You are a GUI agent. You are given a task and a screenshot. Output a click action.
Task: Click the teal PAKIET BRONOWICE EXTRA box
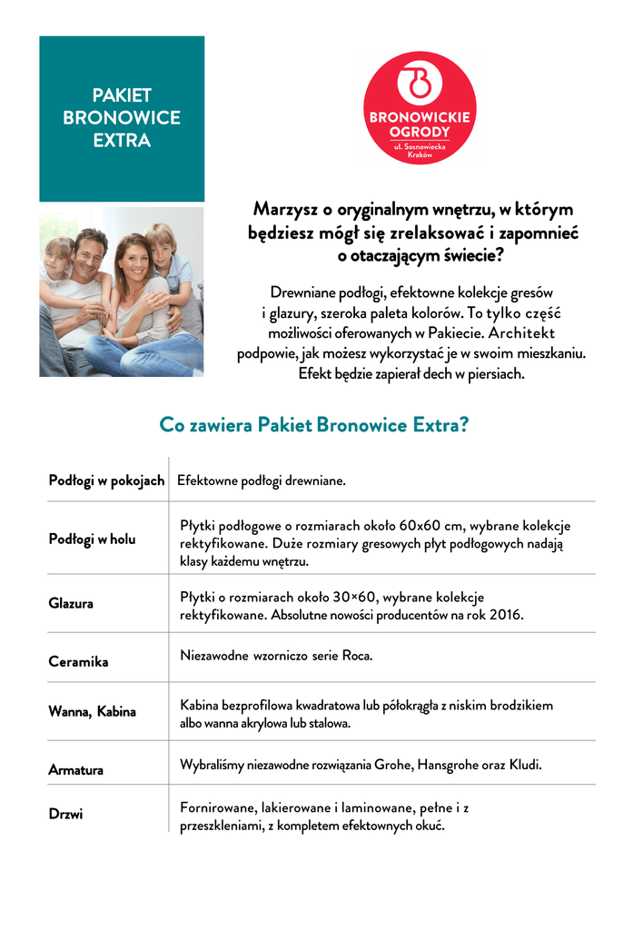pyautogui.click(x=122, y=118)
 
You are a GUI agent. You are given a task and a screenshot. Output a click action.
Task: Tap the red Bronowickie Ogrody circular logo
pyautogui.click(x=420, y=108)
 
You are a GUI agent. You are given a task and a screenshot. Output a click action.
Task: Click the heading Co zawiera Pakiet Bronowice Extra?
pyautogui.click(x=313, y=425)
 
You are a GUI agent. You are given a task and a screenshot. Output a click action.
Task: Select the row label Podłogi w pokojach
pyautogui.click(x=106, y=480)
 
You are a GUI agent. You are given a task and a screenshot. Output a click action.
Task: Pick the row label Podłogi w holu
pyautogui.click(x=92, y=539)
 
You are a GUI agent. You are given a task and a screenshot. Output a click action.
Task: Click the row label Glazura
pyautogui.click(x=71, y=603)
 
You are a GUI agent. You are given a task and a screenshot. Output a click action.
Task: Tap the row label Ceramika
pyautogui.click(x=78, y=662)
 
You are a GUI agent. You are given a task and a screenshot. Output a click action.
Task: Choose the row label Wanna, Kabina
pyautogui.click(x=92, y=712)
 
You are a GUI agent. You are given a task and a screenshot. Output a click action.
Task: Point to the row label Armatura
pyautogui.click(x=75, y=770)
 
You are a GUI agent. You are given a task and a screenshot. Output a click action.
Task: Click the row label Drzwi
pyautogui.click(x=65, y=814)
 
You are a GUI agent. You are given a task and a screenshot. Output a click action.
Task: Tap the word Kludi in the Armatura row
pyautogui.click(x=524, y=765)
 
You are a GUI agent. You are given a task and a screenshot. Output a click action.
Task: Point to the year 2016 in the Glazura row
pyautogui.click(x=507, y=615)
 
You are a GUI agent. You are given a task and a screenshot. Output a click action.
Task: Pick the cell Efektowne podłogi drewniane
pyautogui.click(x=262, y=480)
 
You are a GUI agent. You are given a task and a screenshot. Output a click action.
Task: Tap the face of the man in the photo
pyautogui.click(x=89, y=259)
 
